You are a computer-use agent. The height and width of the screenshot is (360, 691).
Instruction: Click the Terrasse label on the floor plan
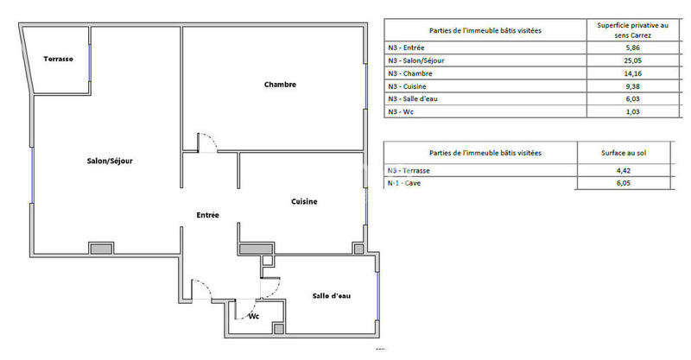[59, 60]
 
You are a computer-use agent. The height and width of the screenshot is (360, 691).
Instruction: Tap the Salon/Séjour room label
[109, 161]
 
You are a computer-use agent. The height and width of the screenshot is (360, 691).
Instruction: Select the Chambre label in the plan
[281, 85]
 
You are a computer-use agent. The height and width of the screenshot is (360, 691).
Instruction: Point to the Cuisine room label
[303, 202]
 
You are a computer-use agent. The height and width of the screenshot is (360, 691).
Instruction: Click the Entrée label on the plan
[207, 215]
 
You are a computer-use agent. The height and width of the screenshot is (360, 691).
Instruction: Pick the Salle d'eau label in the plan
[332, 297]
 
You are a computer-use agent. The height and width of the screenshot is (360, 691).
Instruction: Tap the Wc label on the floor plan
[254, 316]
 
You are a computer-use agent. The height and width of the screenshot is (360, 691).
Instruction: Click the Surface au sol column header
[624, 152]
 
